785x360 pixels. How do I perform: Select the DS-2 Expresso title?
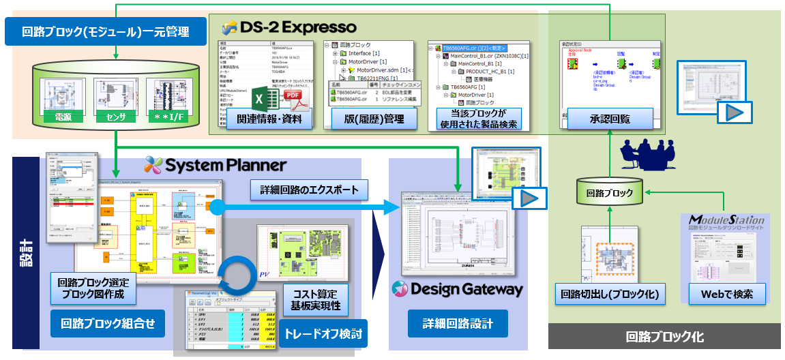pyautogui.click(x=290, y=28)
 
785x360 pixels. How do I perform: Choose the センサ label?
pyautogui.click(x=117, y=118)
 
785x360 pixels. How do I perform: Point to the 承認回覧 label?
pyautogui.click(x=610, y=118)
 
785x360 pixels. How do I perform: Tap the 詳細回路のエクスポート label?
pyautogui.click(x=309, y=188)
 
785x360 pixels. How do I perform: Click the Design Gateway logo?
pyautogui.click(x=458, y=289)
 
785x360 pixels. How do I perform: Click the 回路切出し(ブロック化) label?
pyautogui.click(x=607, y=294)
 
